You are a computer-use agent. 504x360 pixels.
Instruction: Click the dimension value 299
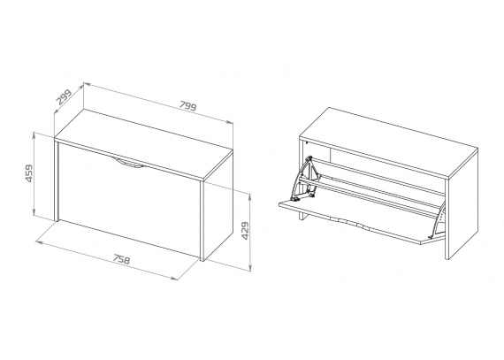[64, 97]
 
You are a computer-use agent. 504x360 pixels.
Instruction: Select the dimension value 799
[187, 105]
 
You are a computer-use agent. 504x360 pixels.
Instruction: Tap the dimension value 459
[29, 173]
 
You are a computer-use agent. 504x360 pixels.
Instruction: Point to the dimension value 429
[245, 231]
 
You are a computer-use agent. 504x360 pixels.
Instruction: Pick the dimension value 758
[121, 259]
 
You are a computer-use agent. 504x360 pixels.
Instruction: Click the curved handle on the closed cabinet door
[129, 163]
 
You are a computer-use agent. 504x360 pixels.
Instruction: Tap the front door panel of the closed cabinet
[129, 200]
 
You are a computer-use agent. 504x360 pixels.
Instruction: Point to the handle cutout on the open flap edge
[349, 222]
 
